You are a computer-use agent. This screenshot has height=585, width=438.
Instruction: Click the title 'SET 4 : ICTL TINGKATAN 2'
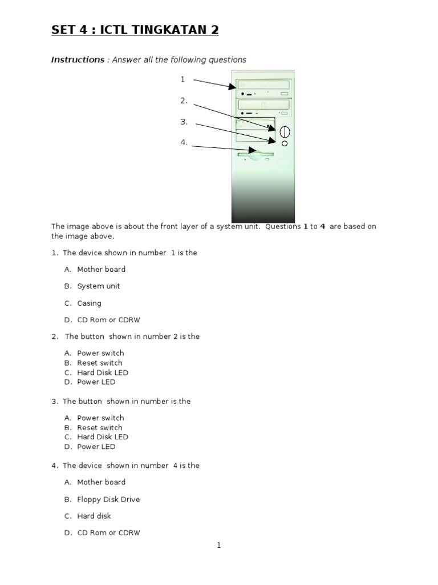(x=135, y=30)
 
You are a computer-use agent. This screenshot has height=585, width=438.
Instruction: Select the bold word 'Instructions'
(x=78, y=59)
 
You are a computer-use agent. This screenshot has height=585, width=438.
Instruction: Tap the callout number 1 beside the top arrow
(x=182, y=79)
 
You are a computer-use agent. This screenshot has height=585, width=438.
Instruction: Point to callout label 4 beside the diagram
(x=184, y=142)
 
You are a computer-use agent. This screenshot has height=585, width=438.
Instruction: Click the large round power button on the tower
(x=285, y=132)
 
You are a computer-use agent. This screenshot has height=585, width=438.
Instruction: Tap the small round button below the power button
(x=285, y=143)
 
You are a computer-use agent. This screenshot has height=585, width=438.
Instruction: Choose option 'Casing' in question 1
(x=89, y=303)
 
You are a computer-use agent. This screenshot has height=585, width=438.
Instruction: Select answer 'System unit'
(x=98, y=286)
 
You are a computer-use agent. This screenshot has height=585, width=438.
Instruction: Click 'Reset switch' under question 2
(x=99, y=363)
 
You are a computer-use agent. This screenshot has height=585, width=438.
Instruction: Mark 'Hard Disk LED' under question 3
(x=103, y=437)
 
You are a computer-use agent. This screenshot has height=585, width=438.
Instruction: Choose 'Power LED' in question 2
(x=96, y=382)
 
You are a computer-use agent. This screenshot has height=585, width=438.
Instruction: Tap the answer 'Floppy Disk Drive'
(x=108, y=499)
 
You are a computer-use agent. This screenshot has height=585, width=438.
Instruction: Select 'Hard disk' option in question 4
(x=94, y=516)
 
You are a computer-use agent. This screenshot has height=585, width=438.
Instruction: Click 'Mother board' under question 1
(x=101, y=269)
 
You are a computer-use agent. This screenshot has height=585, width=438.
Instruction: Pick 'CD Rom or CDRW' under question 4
(x=108, y=533)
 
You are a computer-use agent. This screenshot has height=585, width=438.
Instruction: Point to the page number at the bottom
(x=218, y=546)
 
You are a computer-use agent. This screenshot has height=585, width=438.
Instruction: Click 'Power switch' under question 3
(x=100, y=418)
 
